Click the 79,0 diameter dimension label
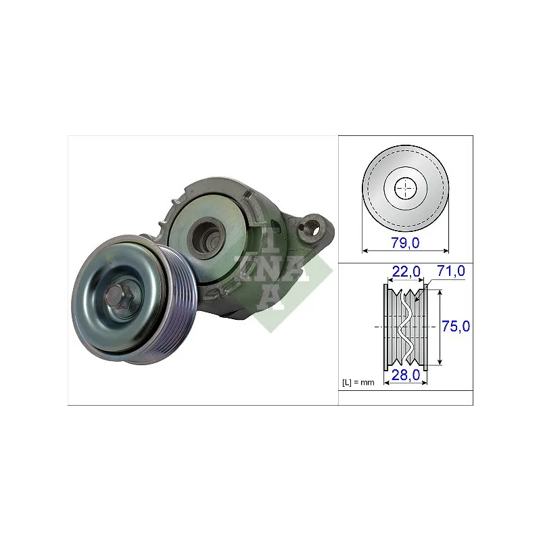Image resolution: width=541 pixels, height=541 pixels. (405, 243)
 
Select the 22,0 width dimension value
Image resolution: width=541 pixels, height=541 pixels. (406, 272)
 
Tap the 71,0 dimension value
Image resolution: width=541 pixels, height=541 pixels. (451, 271)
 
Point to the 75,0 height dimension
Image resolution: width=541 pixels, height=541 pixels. (456, 326)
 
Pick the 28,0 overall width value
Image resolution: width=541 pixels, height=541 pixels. (406, 375)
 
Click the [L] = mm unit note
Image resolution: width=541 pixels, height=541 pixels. (358, 382)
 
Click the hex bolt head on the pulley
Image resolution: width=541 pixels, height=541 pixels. (117, 298)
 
